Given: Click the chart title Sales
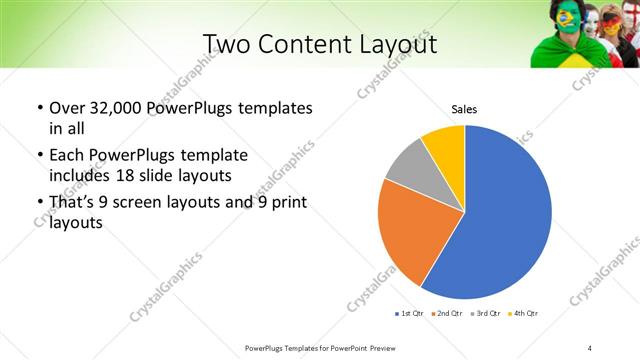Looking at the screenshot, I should (464, 109).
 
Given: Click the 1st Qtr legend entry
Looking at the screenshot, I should (411, 314).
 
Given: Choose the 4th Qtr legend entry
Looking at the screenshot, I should (524, 314).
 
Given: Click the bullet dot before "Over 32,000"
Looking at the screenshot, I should (39, 108).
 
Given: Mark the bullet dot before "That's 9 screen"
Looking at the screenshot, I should (39, 204).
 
